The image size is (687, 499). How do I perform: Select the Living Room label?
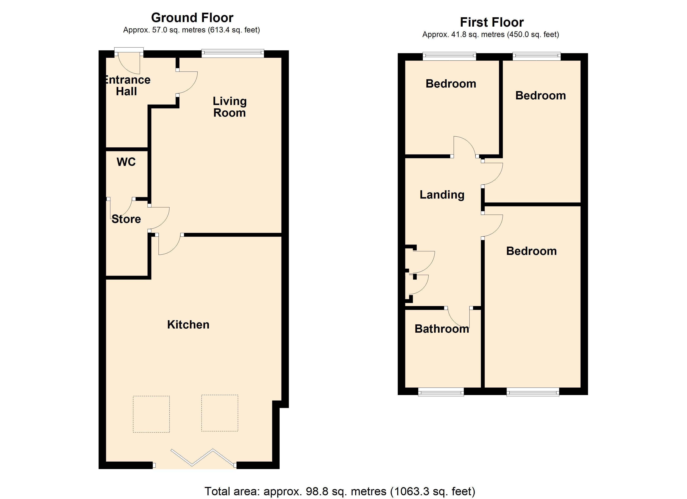(230, 107)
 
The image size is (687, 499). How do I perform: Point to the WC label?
(126, 162)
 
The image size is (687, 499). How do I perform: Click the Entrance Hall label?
(127, 86)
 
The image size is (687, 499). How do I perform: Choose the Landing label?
(442, 195)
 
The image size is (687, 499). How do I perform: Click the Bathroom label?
(442, 329)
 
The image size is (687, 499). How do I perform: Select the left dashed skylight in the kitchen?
(151, 414)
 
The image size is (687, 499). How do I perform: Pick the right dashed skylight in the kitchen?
(220, 413)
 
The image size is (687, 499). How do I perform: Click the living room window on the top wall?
(233, 54)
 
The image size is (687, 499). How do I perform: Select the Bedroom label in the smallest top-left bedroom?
(451, 84)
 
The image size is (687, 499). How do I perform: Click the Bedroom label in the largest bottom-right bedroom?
(531, 251)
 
